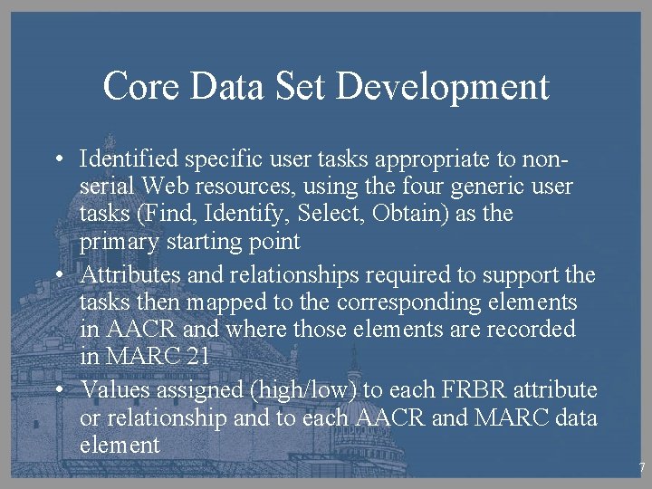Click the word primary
click(113, 242)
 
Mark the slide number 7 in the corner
click(641, 468)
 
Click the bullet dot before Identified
click(57, 160)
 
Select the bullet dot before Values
click(57, 390)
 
